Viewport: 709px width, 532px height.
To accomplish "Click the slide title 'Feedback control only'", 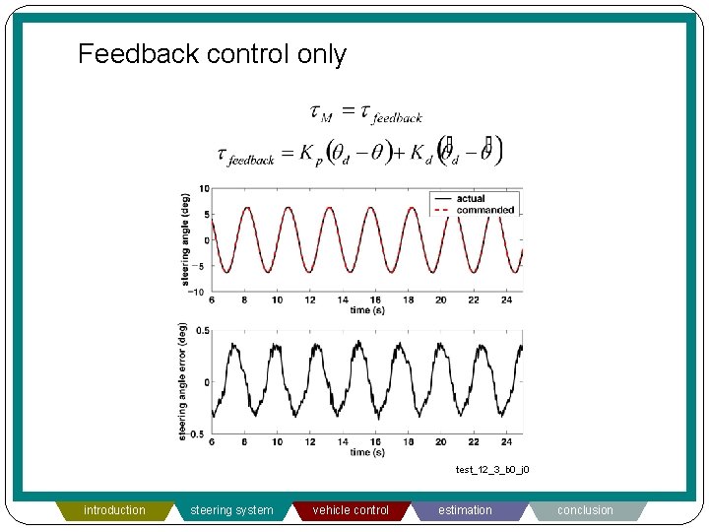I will [212, 53].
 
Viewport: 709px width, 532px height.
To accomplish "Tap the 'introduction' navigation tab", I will [114, 510].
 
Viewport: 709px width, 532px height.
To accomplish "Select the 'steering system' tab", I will [231, 510].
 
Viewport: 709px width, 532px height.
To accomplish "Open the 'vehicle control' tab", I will [351, 510].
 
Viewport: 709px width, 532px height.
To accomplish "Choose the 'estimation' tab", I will [465, 510].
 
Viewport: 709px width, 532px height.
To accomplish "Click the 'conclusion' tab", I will [585, 510].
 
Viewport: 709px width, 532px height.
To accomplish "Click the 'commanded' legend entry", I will [483, 210].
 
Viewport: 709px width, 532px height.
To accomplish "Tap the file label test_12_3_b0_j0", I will [492, 470].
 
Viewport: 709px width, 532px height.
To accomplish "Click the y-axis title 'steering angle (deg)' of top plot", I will [185, 239].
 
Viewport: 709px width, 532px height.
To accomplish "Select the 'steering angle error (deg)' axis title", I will [183, 381].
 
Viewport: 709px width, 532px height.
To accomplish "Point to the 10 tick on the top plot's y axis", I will [203, 188].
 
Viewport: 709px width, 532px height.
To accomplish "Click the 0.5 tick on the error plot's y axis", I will [201, 331].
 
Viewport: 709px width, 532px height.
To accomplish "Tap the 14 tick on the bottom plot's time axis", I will [342, 442].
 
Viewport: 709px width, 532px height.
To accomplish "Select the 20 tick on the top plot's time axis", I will [440, 300].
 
